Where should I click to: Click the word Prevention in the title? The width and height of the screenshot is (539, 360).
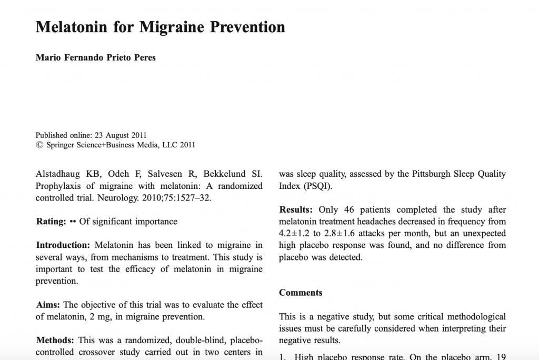click(247, 27)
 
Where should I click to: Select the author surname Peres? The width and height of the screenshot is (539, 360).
click(143, 57)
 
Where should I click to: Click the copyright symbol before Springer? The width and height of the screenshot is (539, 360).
click(39, 145)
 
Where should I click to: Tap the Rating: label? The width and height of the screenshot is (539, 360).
click(51, 222)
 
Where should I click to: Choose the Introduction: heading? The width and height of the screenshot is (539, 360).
click(63, 245)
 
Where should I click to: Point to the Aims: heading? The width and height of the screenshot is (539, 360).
click(48, 305)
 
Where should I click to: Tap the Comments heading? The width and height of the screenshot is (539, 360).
click(301, 293)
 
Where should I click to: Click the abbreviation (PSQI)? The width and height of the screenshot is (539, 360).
click(317, 186)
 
